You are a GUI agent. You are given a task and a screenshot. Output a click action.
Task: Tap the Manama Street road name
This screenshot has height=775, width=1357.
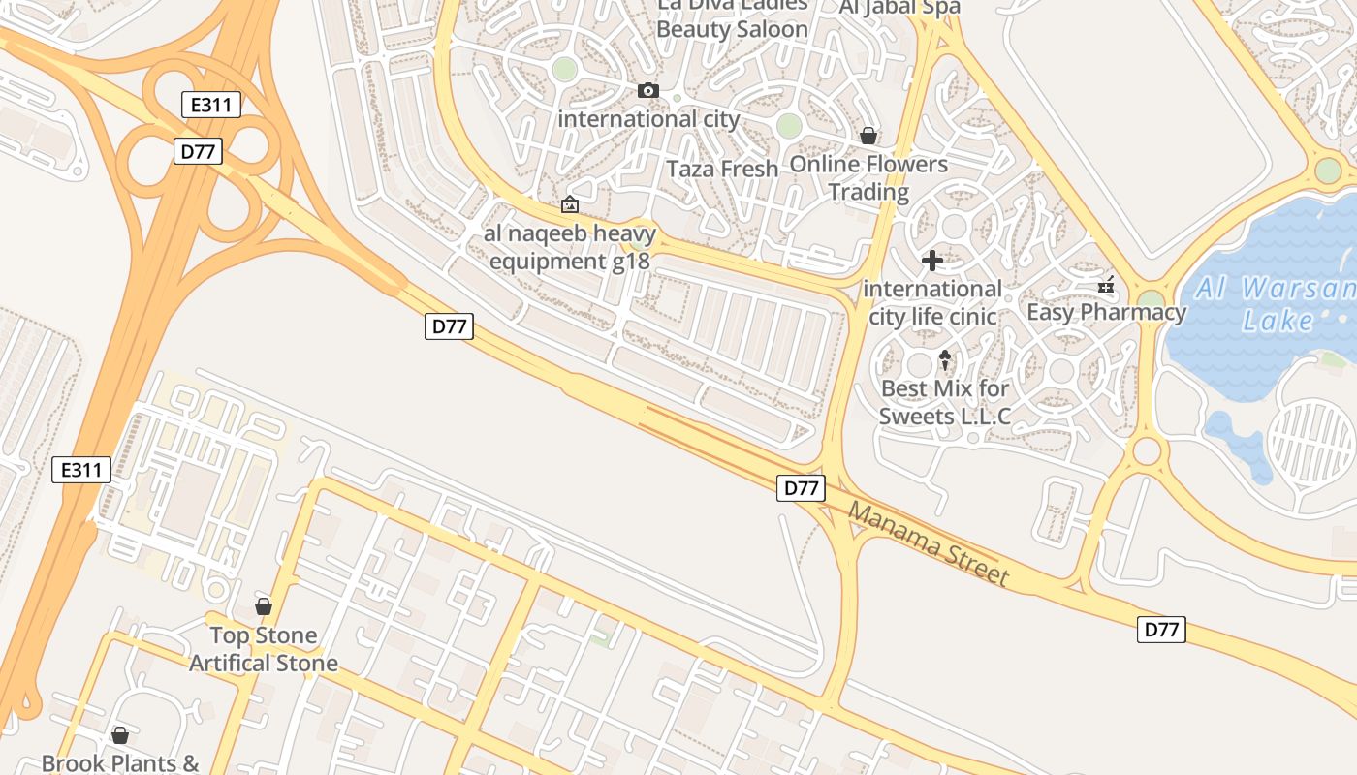tap(929, 543)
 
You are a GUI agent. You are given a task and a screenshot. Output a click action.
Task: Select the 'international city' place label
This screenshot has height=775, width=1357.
tap(648, 119)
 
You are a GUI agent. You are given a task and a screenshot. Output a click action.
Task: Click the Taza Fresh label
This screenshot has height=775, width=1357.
tap(722, 169)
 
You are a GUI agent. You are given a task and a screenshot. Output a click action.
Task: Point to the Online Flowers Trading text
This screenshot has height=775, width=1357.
tap(868, 177)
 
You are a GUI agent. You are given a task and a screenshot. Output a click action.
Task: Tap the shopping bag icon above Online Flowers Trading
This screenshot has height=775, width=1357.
tap(868, 136)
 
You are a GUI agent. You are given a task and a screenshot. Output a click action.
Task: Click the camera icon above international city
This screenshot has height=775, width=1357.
tap(648, 91)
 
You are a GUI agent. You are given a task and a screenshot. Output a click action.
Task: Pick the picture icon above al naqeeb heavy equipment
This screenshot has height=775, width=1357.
tap(570, 204)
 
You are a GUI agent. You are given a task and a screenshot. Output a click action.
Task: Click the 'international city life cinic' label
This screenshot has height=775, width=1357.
tap(932, 302)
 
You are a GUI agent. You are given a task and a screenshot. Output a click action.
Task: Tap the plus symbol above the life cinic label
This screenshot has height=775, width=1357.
tap(932, 261)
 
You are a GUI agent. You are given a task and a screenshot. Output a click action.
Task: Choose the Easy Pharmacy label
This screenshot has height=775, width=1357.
tap(1106, 312)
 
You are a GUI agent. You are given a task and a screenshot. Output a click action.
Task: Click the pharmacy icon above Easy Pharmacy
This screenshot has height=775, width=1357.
tap(1106, 285)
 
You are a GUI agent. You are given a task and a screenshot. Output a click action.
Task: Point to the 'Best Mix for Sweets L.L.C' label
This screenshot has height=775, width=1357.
tap(945, 402)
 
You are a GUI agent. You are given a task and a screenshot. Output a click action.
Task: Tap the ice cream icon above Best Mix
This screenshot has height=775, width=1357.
tap(945, 361)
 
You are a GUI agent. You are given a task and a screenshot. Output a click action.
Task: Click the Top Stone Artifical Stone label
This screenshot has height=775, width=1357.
tap(264, 649)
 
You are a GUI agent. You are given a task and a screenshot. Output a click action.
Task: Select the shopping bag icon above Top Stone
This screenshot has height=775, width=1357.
tap(263, 606)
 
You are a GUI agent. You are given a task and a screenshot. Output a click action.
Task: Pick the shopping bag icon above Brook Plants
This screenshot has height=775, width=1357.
tap(120, 735)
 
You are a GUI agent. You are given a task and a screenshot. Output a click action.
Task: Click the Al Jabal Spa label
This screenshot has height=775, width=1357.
tap(899, 8)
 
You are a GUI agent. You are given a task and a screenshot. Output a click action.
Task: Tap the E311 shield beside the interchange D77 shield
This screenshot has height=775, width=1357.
tap(211, 105)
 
